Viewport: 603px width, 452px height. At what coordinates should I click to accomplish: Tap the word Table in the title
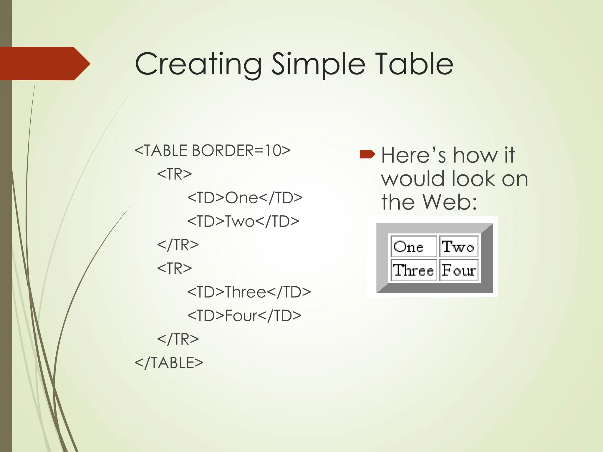[413, 64]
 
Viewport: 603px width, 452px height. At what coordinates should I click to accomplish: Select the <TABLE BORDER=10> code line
[212, 151]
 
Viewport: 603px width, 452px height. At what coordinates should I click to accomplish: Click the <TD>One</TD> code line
[245, 198]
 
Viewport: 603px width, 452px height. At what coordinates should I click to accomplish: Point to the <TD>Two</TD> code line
[243, 221]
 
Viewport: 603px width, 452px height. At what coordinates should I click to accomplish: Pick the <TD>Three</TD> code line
[249, 292]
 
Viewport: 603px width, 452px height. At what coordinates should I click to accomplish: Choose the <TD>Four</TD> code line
[244, 316]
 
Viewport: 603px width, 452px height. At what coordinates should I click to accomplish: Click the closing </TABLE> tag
[169, 363]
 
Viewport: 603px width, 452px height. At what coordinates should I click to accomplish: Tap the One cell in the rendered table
[413, 247]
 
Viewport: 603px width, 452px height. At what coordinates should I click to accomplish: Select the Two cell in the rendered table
[458, 247]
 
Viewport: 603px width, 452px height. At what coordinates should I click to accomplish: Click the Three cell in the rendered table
[413, 270]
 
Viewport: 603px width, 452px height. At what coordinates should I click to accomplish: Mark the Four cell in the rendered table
[458, 270]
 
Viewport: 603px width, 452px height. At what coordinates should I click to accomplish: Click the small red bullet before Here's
[367, 154]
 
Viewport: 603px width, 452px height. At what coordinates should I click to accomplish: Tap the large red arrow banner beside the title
[44, 64]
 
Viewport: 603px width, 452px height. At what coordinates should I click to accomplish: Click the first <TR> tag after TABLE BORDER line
[174, 174]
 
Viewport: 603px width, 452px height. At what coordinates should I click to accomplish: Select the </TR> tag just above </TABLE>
[178, 339]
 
